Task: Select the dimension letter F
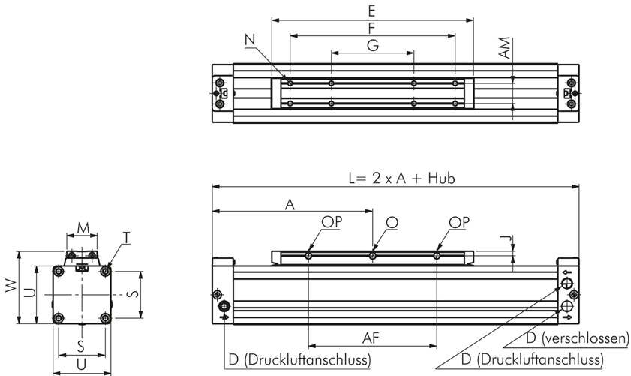[x=372, y=27]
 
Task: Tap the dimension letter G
[x=372, y=45]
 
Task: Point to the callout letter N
[x=251, y=39]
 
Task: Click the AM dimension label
[x=506, y=50]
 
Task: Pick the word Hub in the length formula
[x=442, y=179]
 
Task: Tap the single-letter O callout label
[x=391, y=222]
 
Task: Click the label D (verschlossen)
[x=577, y=338]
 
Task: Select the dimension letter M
[x=83, y=227]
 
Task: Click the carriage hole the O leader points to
[x=373, y=257]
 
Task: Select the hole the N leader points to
[x=290, y=83]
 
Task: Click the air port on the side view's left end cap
[x=224, y=306]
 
